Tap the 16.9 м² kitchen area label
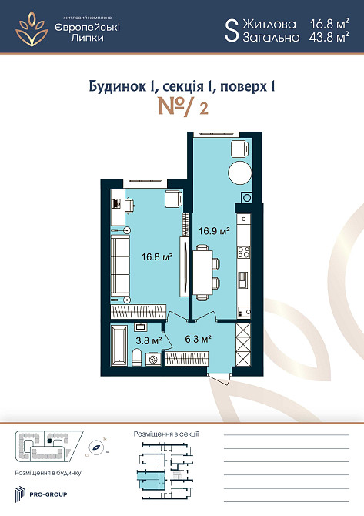point(215,230)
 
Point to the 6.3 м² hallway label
point(198,337)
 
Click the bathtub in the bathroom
point(119,343)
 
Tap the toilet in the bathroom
point(137,356)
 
